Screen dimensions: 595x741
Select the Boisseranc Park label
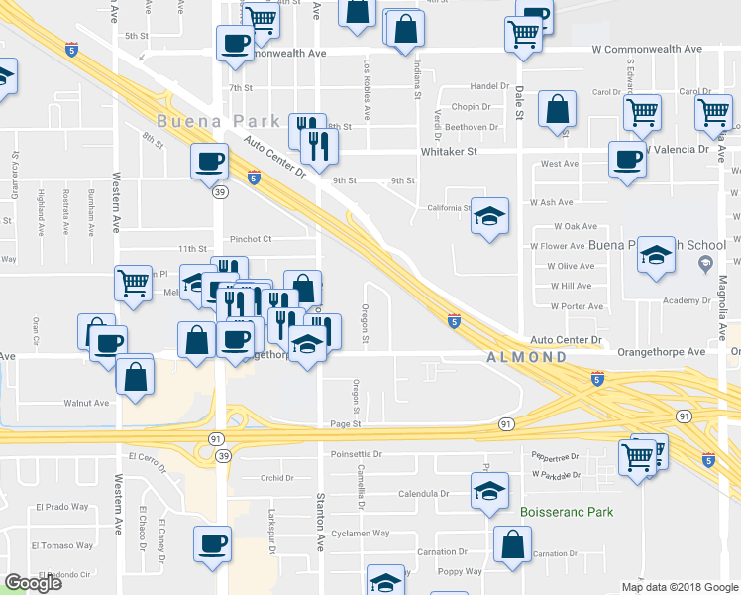click(566, 512)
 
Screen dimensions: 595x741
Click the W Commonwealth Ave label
click(647, 48)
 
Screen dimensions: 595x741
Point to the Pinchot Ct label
click(251, 239)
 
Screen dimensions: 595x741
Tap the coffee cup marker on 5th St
click(236, 43)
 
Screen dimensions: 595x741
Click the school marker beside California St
click(489, 216)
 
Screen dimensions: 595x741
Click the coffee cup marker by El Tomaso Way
click(213, 543)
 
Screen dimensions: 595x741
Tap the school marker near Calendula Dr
click(489, 492)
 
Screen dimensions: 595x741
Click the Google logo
click(32, 583)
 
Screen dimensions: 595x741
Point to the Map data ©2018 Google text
click(680, 587)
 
